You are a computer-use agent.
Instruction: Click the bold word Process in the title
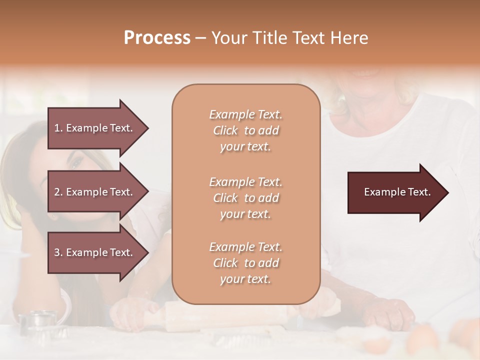157,38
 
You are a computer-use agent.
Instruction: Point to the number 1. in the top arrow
59,128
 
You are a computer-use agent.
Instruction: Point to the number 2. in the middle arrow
59,192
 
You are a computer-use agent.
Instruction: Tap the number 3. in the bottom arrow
59,252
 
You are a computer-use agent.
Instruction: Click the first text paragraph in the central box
245,130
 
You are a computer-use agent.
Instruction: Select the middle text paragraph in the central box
245,197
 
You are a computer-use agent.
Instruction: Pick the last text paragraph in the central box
245,263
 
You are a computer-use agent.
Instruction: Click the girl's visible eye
76,162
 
